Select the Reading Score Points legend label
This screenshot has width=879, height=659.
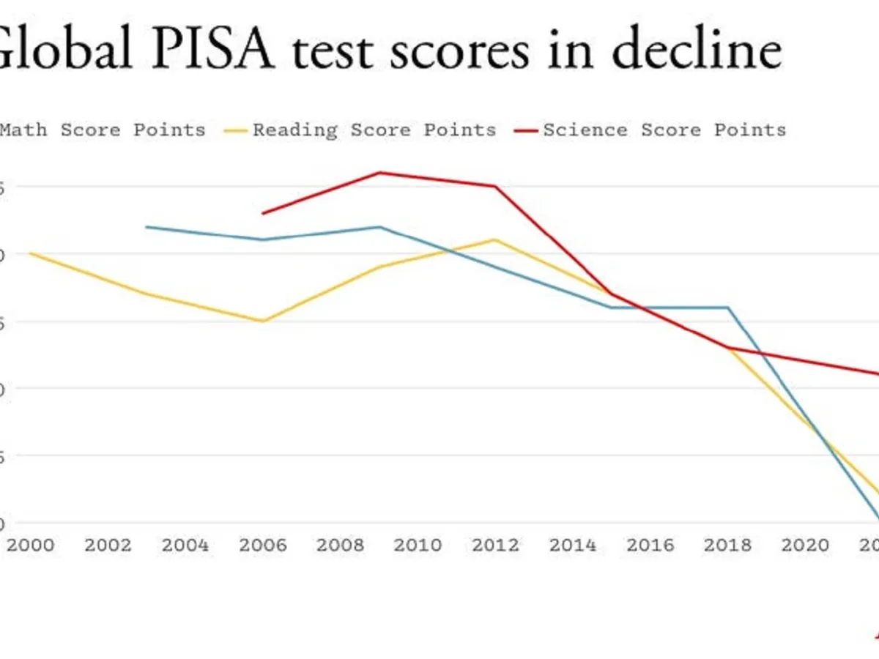pyautogui.click(x=374, y=130)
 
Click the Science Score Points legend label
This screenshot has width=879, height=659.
pyautogui.click(x=664, y=130)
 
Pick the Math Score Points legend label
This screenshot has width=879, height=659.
pyautogui.click(x=103, y=130)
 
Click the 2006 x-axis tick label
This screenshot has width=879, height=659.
pyautogui.click(x=263, y=546)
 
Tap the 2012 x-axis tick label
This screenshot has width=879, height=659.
pyautogui.click(x=495, y=546)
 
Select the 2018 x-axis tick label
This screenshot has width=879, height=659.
pyautogui.click(x=727, y=546)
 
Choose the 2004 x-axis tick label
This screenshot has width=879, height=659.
pyautogui.click(x=185, y=546)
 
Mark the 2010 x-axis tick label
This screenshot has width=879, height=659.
pyautogui.click(x=418, y=546)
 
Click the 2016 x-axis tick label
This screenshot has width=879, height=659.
pyautogui.click(x=650, y=546)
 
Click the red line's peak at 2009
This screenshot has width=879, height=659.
pyautogui.click(x=379, y=173)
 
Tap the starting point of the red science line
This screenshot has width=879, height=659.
pyautogui.click(x=263, y=213)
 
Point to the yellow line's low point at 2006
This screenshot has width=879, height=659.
pyautogui.click(x=263, y=321)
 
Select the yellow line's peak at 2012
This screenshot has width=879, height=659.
pyautogui.click(x=495, y=239)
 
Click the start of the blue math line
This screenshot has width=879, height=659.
pyautogui.click(x=146, y=227)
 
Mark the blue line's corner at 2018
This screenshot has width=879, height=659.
pyautogui.click(x=728, y=308)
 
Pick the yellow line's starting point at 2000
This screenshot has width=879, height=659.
pyautogui.click(x=31, y=253)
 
